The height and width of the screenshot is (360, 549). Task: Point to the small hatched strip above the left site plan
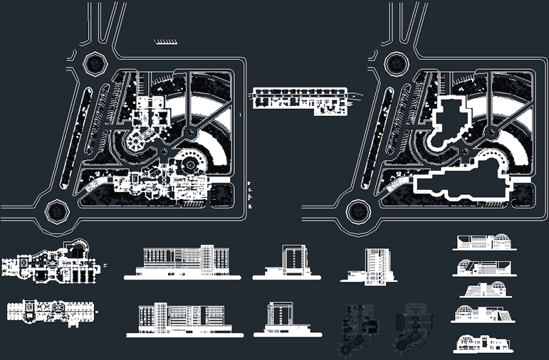click(165, 41)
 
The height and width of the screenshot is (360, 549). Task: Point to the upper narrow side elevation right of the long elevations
click(291, 261)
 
